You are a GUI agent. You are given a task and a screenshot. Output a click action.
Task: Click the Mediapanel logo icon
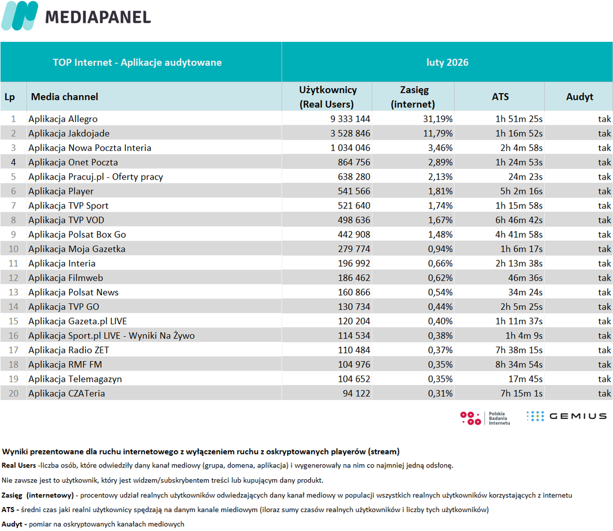point(20,16)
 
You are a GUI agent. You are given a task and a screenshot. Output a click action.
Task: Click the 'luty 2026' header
point(447,62)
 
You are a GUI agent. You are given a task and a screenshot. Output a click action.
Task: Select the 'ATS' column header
point(500,96)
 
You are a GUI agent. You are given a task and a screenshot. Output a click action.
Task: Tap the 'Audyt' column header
point(580,96)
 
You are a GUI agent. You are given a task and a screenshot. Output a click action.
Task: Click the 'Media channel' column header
point(65,96)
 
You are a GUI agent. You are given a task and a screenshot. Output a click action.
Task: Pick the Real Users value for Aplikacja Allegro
point(350,119)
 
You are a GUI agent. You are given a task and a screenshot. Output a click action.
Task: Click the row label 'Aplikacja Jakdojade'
point(69,133)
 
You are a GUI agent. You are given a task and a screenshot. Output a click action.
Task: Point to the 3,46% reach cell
point(440,148)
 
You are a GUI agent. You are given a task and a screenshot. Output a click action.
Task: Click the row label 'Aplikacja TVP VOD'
point(66,220)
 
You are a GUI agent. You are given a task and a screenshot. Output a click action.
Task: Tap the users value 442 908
point(354,235)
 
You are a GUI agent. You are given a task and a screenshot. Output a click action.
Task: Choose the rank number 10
point(13,249)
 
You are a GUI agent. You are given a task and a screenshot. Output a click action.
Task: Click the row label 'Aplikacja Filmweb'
point(66,278)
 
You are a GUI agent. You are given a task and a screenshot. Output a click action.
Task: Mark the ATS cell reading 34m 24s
point(526,293)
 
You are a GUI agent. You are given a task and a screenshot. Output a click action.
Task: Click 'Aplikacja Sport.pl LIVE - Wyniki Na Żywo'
point(111,335)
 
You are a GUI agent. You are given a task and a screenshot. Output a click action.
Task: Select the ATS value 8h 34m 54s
point(519,364)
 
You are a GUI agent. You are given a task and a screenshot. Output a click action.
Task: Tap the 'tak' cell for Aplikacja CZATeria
point(605,393)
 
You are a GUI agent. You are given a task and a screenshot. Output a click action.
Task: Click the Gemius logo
point(567,416)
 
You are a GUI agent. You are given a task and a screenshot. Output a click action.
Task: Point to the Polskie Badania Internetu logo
point(485,418)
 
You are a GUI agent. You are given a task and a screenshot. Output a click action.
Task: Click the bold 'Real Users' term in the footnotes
point(19,465)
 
